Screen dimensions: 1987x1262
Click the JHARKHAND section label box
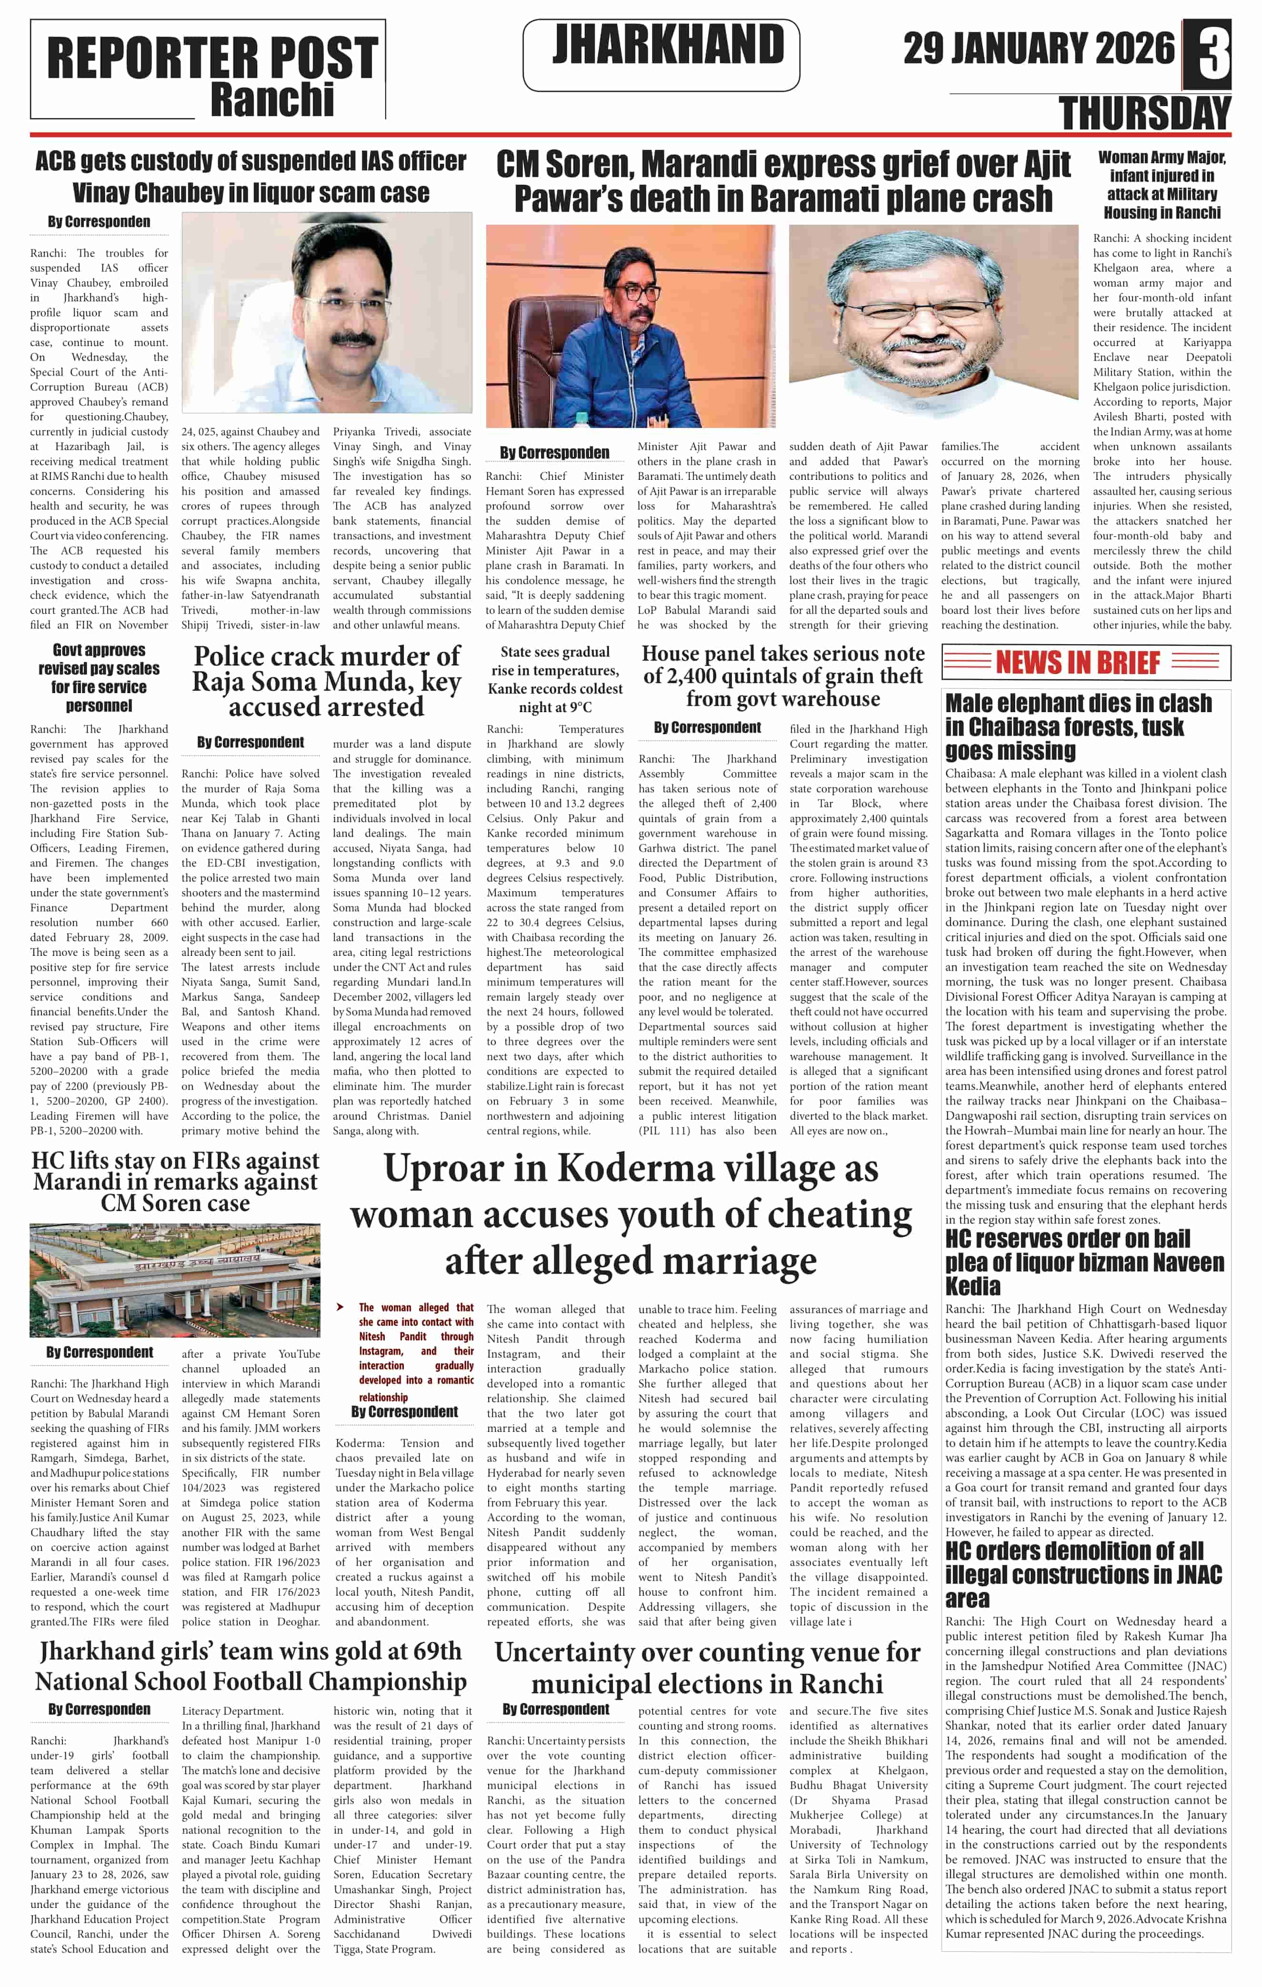[x=661, y=54]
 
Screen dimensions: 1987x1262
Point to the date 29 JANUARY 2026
[x=1038, y=49]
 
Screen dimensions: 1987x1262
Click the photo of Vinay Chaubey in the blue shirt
[x=327, y=313]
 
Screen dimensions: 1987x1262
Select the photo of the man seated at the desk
[x=631, y=326]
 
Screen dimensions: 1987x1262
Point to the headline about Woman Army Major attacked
[x=1162, y=185]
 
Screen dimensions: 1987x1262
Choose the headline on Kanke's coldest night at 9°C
[x=555, y=679]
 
